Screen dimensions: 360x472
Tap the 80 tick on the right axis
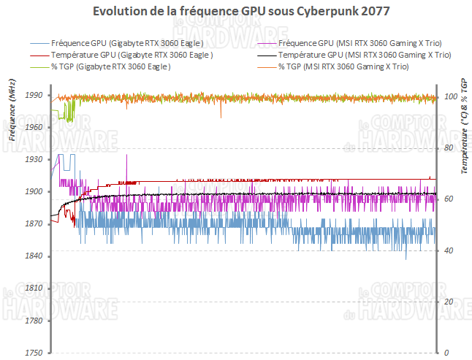(448, 148)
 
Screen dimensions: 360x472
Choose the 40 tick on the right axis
(448, 250)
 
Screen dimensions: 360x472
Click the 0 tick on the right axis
(446, 353)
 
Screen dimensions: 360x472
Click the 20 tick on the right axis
(448, 302)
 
